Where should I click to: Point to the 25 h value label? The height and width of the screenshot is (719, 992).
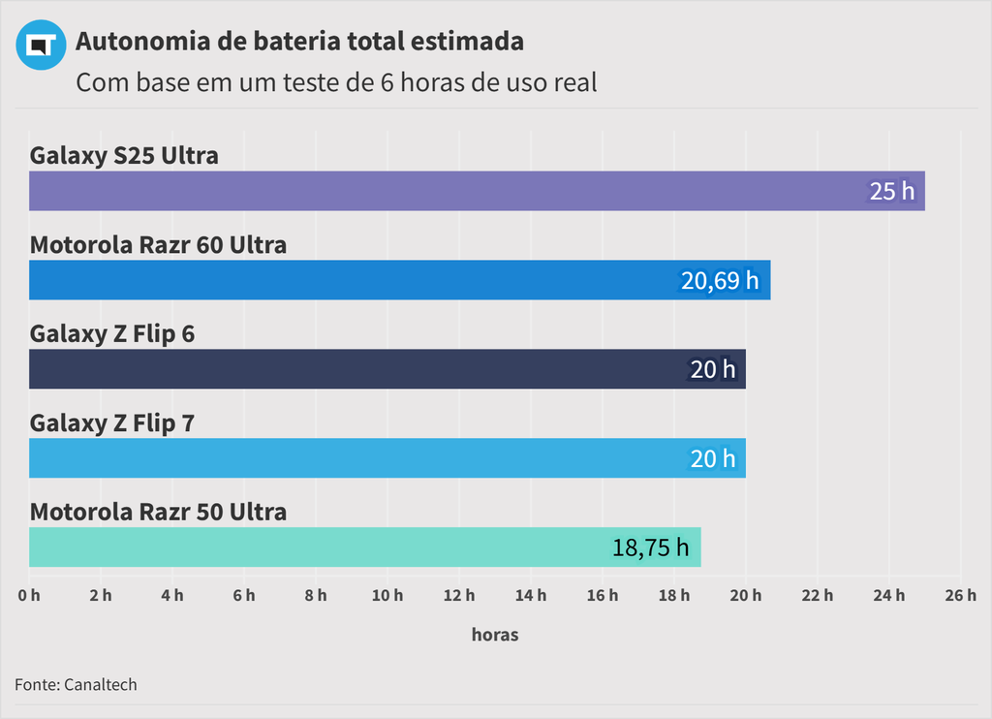[891, 191]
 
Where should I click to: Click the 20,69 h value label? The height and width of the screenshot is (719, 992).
[720, 280]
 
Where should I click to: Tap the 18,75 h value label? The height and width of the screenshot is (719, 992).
[650, 547]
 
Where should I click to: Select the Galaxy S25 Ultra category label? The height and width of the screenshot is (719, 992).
[124, 155]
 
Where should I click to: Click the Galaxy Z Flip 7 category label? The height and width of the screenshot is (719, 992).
[112, 422]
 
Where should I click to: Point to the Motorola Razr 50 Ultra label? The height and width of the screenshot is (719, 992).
[158, 512]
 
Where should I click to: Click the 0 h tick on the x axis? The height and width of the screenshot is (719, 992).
[29, 595]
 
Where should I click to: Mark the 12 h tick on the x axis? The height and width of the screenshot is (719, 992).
[459, 595]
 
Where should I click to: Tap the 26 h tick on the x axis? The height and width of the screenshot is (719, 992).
[960, 595]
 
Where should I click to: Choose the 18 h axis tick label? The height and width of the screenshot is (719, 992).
[674, 595]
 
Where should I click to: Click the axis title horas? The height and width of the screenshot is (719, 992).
[495, 635]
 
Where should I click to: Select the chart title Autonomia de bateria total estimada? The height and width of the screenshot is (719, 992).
[299, 42]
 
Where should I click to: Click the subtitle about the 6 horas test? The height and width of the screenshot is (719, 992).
[336, 82]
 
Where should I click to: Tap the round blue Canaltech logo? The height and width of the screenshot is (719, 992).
[41, 45]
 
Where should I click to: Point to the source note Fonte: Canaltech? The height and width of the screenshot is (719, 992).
[76, 684]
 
